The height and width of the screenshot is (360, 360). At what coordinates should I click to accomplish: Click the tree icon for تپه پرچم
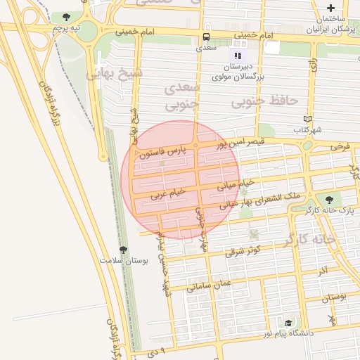pyautogui.click(x=66, y=17)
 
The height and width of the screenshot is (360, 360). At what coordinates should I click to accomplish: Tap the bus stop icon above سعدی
pyautogui.click(x=206, y=37)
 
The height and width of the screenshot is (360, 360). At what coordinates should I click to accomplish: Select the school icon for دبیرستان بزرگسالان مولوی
pyautogui.click(x=238, y=56)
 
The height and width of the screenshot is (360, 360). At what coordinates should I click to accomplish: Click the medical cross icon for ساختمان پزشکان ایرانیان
pyautogui.click(x=330, y=8)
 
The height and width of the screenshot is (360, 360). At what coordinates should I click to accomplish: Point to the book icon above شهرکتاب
pyautogui.click(x=306, y=118)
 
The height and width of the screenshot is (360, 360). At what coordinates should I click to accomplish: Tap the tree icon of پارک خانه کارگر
pyautogui.click(x=329, y=200)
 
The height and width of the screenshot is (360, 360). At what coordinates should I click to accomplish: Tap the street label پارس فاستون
pyautogui.click(x=161, y=153)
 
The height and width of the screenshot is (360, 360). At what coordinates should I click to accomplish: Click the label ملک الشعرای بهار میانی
pyautogui.click(x=259, y=200)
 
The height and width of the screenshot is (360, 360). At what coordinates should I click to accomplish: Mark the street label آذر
pyautogui.click(x=322, y=271)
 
